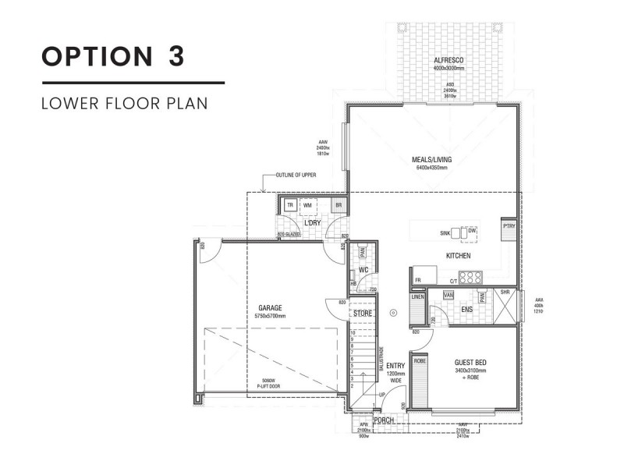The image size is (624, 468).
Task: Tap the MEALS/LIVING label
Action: click(x=431, y=159)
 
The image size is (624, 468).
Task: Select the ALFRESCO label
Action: click(x=449, y=61)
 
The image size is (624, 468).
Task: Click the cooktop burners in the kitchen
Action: click(x=470, y=276)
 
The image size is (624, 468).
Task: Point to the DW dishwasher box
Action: click(x=472, y=232)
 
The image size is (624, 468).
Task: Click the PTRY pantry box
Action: click(x=509, y=226)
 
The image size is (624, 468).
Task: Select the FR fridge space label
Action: click(x=418, y=280)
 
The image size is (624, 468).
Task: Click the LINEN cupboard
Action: click(x=417, y=297)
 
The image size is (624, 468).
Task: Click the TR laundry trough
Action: click(x=289, y=205)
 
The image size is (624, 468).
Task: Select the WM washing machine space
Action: click(x=308, y=205)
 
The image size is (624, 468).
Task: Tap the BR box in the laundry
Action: click(x=338, y=205)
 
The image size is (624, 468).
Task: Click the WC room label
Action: click(x=363, y=271)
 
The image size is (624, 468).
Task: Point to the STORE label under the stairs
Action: click(x=363, y=314)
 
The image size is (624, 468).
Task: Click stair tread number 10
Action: click(x=353, y=334)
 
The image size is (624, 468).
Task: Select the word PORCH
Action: click(x=384, y=420)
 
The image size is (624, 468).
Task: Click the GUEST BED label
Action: click(x=470, y=363)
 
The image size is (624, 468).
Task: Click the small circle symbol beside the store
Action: click(x=394, y=313)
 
